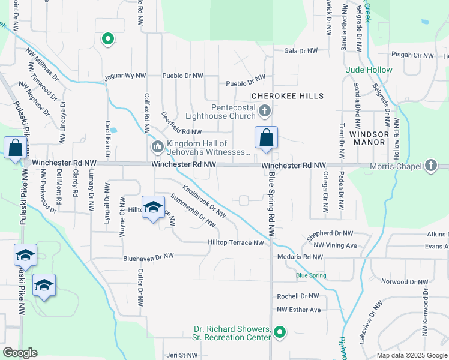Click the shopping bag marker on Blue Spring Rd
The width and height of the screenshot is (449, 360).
click(266, 137)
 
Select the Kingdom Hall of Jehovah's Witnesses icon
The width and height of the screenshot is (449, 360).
click(158, 146)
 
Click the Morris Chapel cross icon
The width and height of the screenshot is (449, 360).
click(430, 166)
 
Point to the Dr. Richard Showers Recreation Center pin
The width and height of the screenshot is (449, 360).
click(279, 331)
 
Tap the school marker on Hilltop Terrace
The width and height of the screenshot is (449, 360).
click(153, 208)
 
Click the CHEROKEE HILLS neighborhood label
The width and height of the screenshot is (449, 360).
click(288, 96)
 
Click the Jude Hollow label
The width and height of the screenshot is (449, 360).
click(369, 70)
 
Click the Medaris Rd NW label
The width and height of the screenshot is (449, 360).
click(301, 257)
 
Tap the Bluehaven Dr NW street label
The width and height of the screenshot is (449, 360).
click(148, 256)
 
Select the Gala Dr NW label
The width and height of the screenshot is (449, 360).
click(301, 52)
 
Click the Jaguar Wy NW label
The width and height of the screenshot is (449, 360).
click(125, 76)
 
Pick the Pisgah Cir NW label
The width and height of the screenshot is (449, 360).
click(412, 55)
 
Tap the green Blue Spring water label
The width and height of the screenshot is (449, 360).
click(311, 276)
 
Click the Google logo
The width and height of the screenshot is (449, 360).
click(19, 353)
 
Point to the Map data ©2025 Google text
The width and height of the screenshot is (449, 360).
click(412, 355)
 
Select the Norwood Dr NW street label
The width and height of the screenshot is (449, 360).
click(405, 281)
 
